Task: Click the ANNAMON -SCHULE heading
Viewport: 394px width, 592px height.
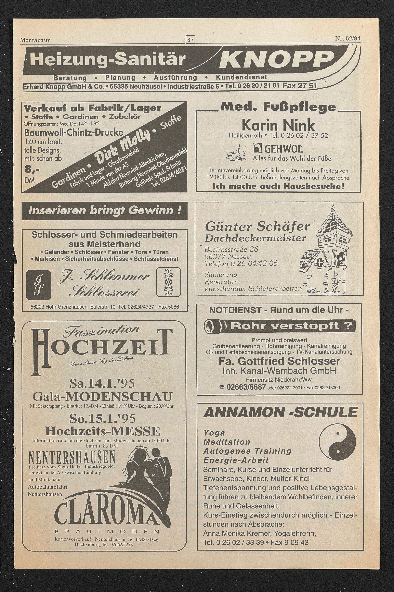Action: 280,413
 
